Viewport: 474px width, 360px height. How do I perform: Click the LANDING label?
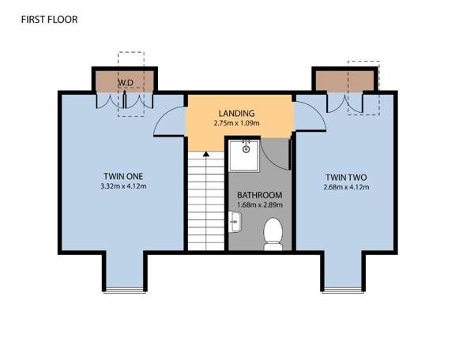237,113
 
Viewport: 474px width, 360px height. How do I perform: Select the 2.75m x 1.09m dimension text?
237,124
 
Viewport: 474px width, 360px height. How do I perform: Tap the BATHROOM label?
259,195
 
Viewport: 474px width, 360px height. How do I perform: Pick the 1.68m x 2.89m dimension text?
259,205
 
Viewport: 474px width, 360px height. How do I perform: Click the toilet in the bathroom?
273,234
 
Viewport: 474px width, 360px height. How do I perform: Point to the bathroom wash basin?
234,224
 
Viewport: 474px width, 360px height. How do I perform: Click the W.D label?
125,82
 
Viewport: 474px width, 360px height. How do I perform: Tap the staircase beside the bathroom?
205,201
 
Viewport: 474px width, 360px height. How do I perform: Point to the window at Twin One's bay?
124,287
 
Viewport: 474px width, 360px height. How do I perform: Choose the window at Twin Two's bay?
346,287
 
